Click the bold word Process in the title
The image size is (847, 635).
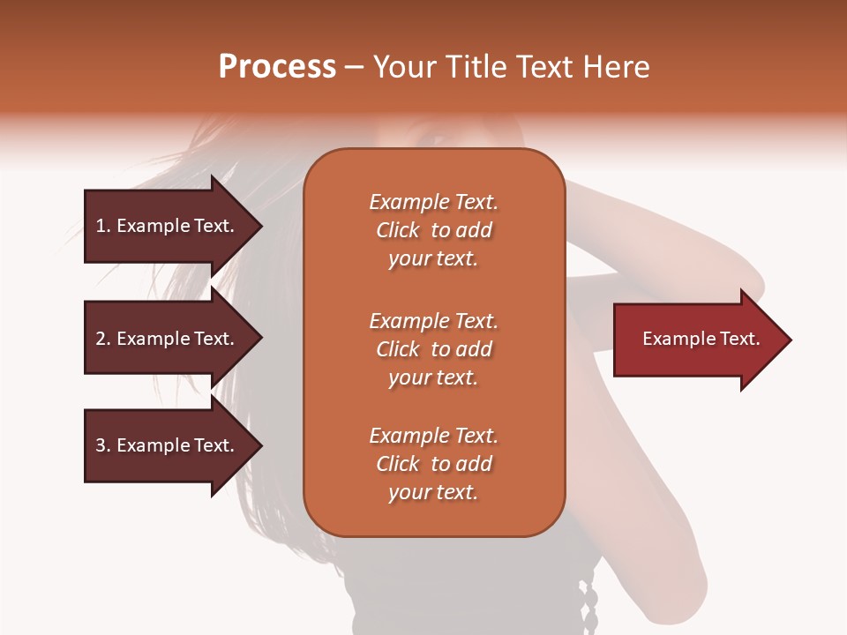tap(277, 67)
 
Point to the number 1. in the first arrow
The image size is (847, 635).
tap(103, 226)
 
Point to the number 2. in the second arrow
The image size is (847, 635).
tap(103, 339)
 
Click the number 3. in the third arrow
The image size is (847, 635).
tap(103, 445)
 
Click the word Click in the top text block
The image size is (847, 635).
tap(398, 230)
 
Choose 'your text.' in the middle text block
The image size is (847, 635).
tap(433, 377)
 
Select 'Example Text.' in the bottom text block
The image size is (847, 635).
tap(433, 436)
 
